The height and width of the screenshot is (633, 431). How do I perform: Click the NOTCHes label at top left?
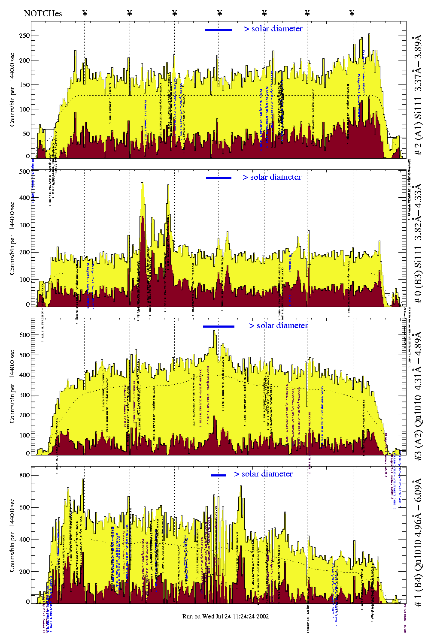pos(43,13)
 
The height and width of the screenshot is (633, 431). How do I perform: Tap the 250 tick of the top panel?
pos(24,36)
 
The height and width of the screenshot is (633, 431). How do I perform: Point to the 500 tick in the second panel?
pos(24,172)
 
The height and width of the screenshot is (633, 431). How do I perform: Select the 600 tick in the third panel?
pos(24,335)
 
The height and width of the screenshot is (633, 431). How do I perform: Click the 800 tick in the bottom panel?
pos(24,475)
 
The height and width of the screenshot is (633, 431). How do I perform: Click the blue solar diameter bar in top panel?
pos(219,30)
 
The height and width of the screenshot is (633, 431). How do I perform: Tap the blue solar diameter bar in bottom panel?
pos(219,475)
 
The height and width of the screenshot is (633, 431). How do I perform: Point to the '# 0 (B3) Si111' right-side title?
pos(418,243)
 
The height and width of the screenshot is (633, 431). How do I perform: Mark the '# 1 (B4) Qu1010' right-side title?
pos(418,540)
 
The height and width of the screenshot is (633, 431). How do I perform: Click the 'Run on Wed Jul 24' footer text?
pos(225,616)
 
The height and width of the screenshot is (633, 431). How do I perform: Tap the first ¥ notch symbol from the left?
pos(85,13)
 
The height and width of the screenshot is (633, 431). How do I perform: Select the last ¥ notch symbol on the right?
pos(352,13)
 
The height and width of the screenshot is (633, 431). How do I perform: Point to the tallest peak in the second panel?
pos(143,184)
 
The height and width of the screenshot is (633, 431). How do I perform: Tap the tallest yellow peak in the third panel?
pos(215,331)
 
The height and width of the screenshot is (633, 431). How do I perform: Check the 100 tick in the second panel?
pos(24,280)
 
